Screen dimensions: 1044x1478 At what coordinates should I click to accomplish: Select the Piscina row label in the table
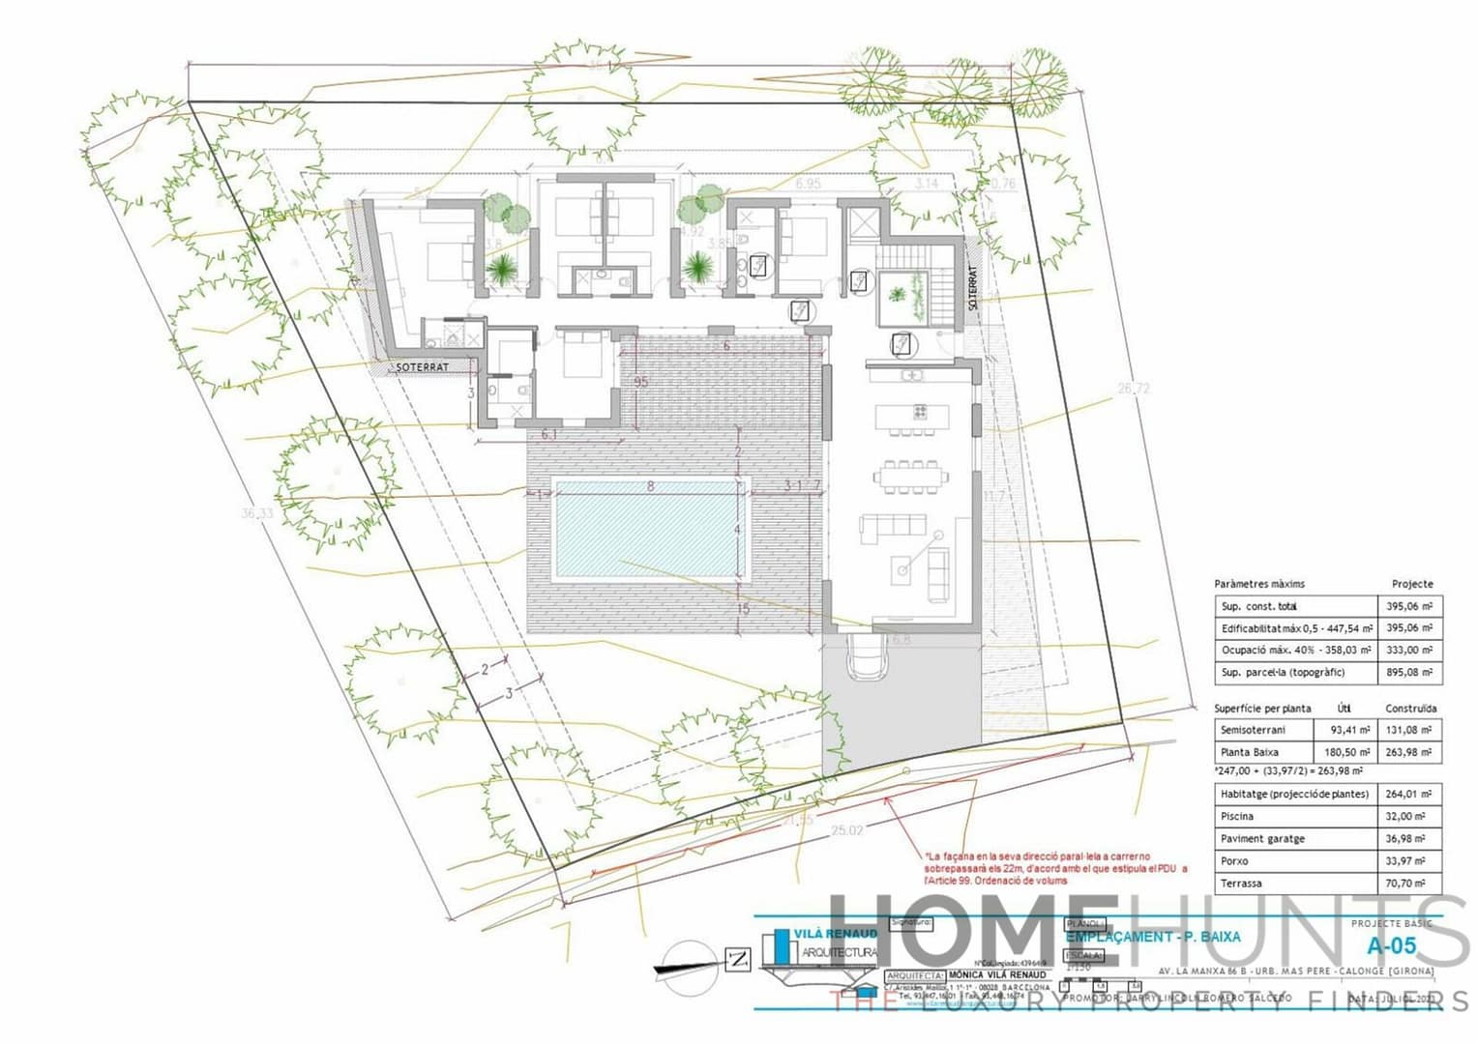pos(1237,817)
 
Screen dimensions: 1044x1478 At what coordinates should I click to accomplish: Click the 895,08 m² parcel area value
pos(1408,673)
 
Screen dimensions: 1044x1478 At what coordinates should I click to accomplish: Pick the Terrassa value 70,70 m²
pos(1408,884)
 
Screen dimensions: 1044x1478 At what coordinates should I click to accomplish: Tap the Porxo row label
pos(1234,861)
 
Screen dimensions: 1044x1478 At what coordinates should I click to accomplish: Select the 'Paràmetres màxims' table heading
pos(1259,584)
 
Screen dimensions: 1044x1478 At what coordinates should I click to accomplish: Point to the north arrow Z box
pos(738,960)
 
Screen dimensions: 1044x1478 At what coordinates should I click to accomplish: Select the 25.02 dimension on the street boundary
pos(847,829)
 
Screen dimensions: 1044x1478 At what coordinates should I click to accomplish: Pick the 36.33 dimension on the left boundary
pos(257,513)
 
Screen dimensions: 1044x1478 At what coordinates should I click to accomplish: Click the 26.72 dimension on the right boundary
pos(1134,389)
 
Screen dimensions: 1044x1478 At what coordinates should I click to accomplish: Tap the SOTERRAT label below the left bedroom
pos(422,368)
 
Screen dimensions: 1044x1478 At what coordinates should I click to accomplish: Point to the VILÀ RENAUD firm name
pos(835,934)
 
